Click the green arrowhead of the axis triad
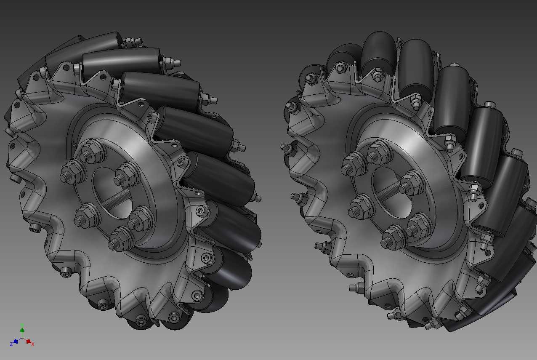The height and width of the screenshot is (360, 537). click(22, 330)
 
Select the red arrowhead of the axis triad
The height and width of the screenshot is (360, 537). click(28, 341)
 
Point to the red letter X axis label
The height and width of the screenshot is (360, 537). click(33, 344)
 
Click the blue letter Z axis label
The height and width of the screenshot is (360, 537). click(11, 344)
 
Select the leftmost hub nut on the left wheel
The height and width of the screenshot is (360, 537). click(72, 171)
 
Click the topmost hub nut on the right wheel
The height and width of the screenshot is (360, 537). click(380, 151)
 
